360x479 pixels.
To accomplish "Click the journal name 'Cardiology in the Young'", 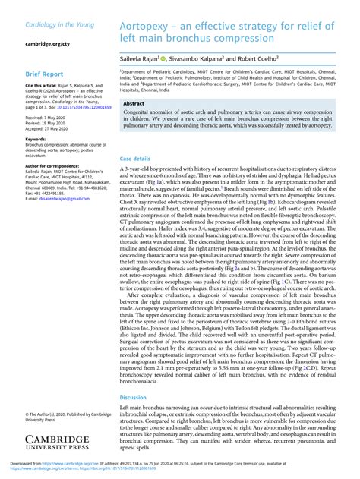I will tap(60, 25).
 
